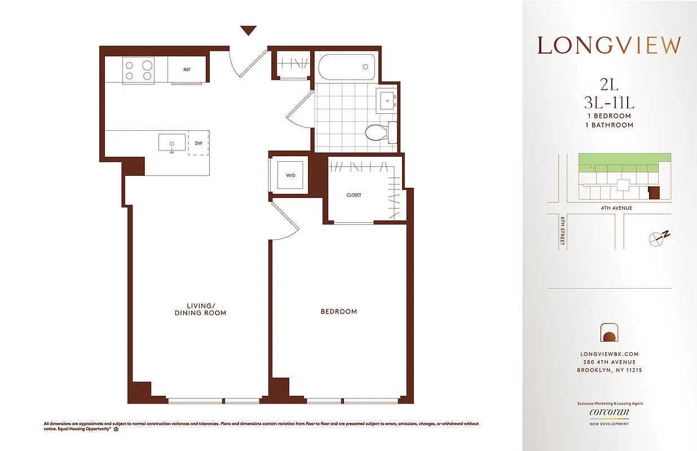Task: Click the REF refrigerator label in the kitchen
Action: click(187, 70)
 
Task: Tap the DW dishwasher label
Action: click(198, 143)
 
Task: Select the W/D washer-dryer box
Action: click(290, 175)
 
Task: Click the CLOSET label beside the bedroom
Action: click(354, 195)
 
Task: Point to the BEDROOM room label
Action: click(338, 311)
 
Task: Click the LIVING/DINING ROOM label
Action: click(200, 309)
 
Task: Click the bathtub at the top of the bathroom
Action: click(346, 68)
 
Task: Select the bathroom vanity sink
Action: click(387, 100)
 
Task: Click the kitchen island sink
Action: click(172, 142)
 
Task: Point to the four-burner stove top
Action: click(139, 70)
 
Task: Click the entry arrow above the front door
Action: click(248, 30)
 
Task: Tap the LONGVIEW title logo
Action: click(609, 45)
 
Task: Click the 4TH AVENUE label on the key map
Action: click(616, 208)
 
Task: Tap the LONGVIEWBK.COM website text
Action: click(609, 354)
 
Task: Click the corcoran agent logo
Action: click(609, 413)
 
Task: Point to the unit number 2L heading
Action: click(609, 85)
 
